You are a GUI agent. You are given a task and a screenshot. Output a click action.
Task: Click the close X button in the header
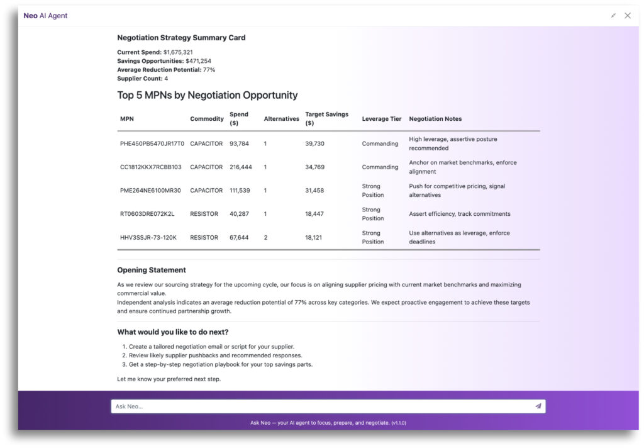[627, 16]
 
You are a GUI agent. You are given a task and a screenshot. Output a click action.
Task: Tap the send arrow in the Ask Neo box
[538, 406]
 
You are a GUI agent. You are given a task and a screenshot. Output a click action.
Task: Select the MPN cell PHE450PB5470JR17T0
[152, 143]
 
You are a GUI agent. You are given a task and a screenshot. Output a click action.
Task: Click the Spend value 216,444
[239, 167]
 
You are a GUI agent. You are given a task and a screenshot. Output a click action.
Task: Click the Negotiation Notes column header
[435, 119]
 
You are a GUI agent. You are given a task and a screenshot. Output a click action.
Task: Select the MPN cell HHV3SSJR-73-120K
[148, 238]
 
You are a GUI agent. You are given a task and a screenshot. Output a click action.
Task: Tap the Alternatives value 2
[266, 238]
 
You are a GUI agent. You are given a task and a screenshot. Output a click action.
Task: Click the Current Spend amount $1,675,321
[178, 52]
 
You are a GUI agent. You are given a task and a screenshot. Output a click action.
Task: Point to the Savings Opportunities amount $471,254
[198, 61]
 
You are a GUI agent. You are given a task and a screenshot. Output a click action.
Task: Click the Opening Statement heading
[152, 270]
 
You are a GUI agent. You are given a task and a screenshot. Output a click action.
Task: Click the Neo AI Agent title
[45, 16]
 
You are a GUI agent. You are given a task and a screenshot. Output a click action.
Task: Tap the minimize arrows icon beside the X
[613, 16]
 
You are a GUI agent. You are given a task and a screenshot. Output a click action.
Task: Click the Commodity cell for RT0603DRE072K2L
[204, 214]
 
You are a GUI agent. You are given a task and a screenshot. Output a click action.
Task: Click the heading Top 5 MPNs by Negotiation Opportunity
[208, 96]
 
